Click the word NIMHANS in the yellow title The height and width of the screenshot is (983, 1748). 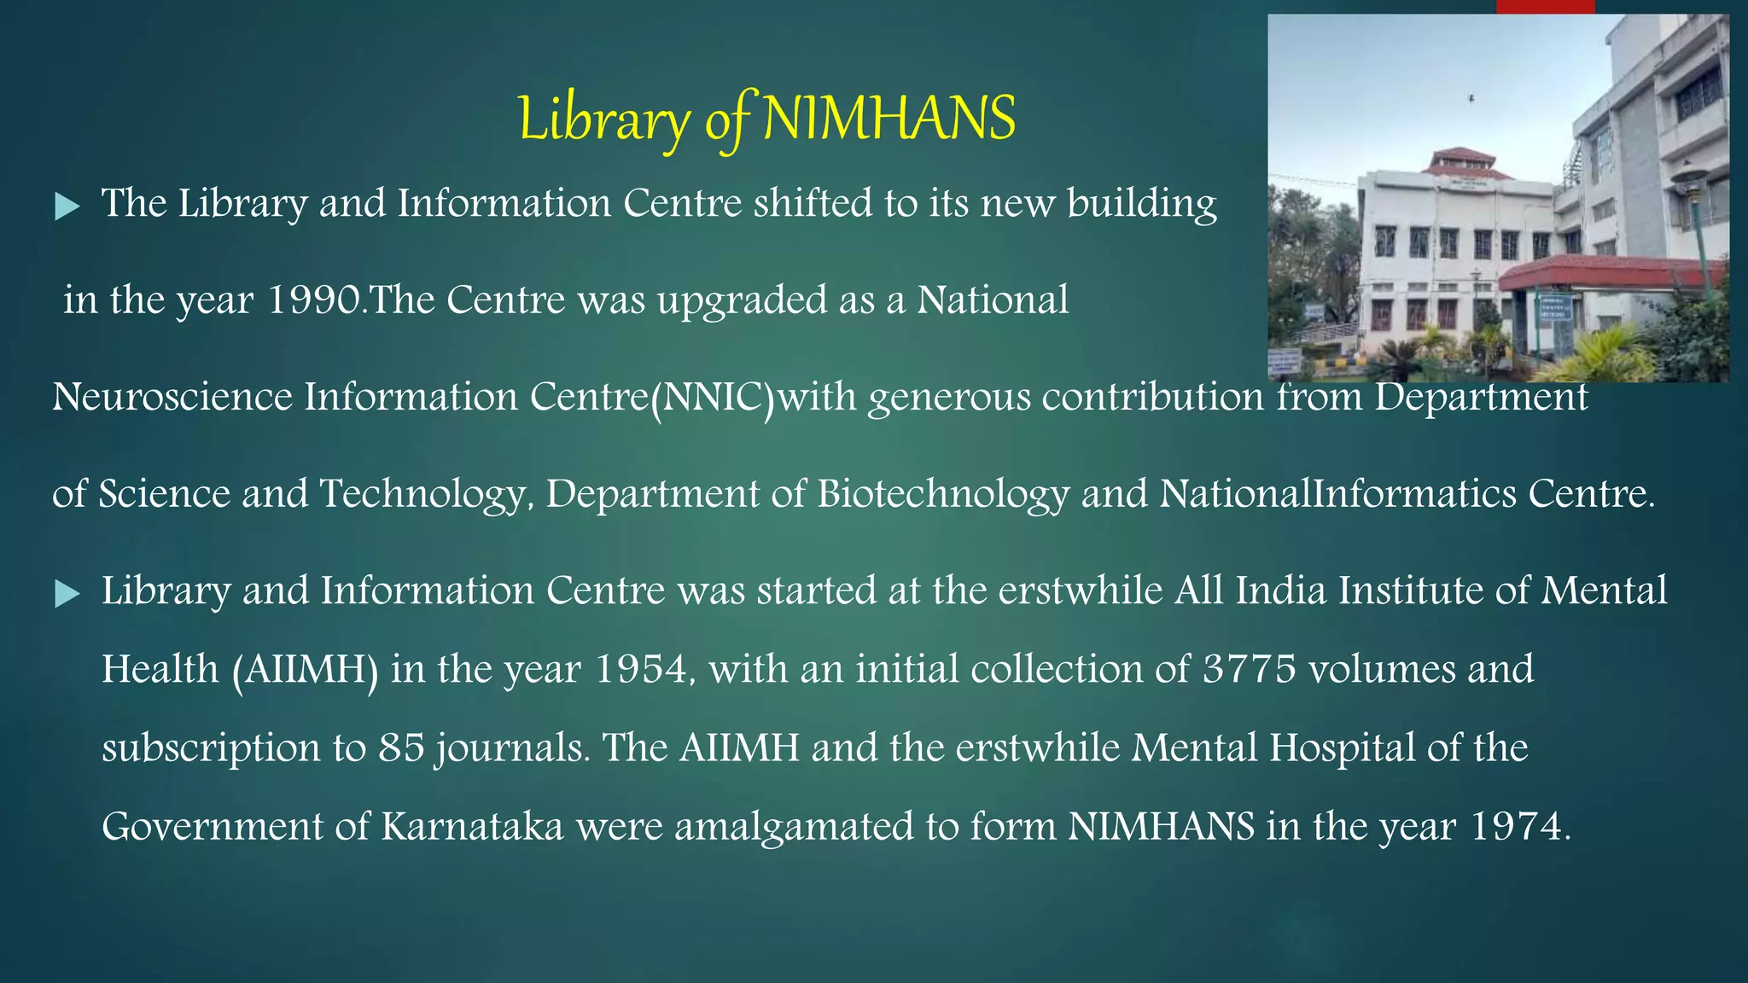(889, 119)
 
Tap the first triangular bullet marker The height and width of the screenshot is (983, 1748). (67, 206)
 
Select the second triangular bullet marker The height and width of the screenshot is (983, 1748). (67, 594)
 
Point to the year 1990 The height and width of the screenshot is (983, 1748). (315, 300)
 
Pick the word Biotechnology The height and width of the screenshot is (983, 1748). (942, 494)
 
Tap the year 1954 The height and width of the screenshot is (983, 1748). (640, 669)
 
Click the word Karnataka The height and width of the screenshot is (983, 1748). (472, 827)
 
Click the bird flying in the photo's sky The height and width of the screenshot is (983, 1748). (1471, 99)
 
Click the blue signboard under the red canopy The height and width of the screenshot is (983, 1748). (1555, 307)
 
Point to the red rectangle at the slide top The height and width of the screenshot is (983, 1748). (1546, 7)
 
